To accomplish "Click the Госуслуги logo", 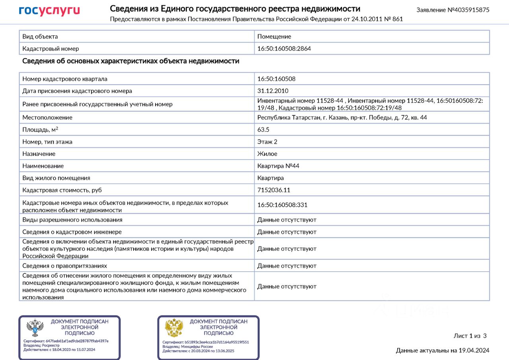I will [x=49, y=11].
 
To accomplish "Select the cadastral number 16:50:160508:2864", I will [x=284, y=49].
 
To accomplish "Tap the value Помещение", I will [x=274, y=37].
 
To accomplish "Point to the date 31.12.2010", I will [x=273, y=91].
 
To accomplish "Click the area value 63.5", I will [x=263, y=129].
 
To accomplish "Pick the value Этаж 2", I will [x=267, y=142].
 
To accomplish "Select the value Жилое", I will [x=267, y=154].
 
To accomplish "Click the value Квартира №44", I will [x=278, y=166].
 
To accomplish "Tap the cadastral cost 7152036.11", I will [x=274, y=190].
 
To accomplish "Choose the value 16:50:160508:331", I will [x=282, y=205].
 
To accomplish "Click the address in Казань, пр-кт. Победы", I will [x=342, y=117].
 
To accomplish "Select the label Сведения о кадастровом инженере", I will [x=72, y=232].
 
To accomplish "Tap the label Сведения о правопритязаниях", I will [x=64, y=266].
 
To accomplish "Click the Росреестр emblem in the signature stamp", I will [x=35, y=328].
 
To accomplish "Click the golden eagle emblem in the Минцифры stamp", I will [x=174, y=328].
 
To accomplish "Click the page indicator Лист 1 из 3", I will [x=470, y=336].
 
